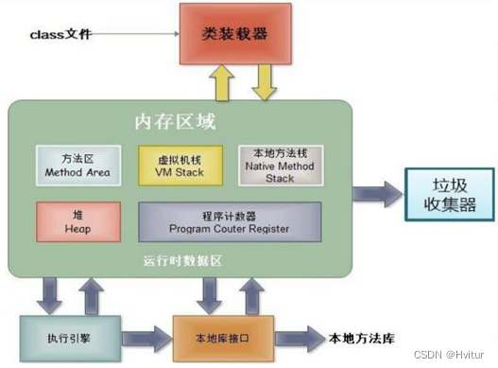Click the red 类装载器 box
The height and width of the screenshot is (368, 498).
(234, 34)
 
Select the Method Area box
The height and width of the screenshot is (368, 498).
(77, 166)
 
